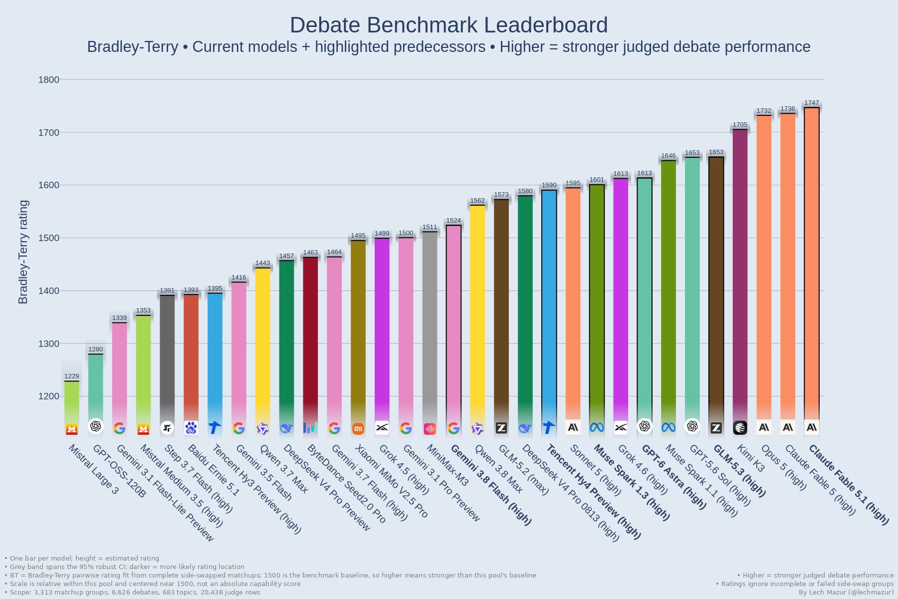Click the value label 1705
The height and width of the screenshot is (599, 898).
click(740, 125)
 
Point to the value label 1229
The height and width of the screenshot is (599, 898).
click(72, 376)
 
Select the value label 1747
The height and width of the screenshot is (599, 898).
click(812, 103)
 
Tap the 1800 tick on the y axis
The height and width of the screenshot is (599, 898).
click(49, 80)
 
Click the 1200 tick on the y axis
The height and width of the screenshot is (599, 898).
click(49, 396)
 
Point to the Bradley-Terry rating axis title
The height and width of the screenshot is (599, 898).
click(23, 252)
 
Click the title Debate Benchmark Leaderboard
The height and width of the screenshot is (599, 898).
click(449, 25)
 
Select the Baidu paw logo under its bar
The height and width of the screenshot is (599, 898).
click(191, 428)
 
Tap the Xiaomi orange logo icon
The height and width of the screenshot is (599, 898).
click(358, 428)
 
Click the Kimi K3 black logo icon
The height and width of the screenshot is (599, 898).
click(740, 428)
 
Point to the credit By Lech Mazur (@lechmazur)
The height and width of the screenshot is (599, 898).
click(846, 593)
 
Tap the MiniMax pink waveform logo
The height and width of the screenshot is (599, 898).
click(430, 428)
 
